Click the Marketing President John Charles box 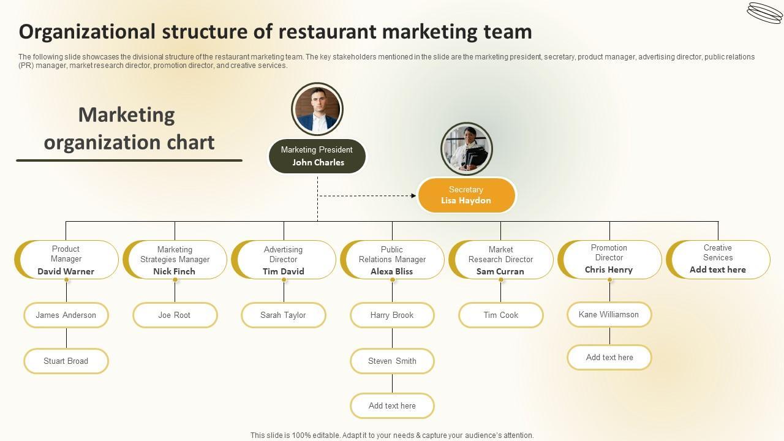click(x=317, y=156)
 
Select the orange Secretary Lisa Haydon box click(x=466, y=195)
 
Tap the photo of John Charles click(x=317, y=109)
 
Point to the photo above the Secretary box click(x=467, y=149)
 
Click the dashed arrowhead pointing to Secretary click(x=413, y=196)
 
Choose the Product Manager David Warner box click(x=67, y=260)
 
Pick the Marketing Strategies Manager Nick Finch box click(x=175, y=260)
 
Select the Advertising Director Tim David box click(x=284, y=260)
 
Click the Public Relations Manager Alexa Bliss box click(x=393, y=260)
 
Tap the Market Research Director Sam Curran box click(x=501, y=260)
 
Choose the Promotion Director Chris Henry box click(x=609, y=259)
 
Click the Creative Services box click(x=718, y=259)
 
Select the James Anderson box click(x=66, y=315)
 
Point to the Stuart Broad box click(x=66, y=361)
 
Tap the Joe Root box click(x=175, y=315)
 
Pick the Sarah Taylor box click(x=283, y=315)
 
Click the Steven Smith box click(x=392, y=361)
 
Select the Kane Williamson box click(x=609, y=314)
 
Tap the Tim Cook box click(x=501, y=315)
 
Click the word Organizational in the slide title click(x=86, y=31)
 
